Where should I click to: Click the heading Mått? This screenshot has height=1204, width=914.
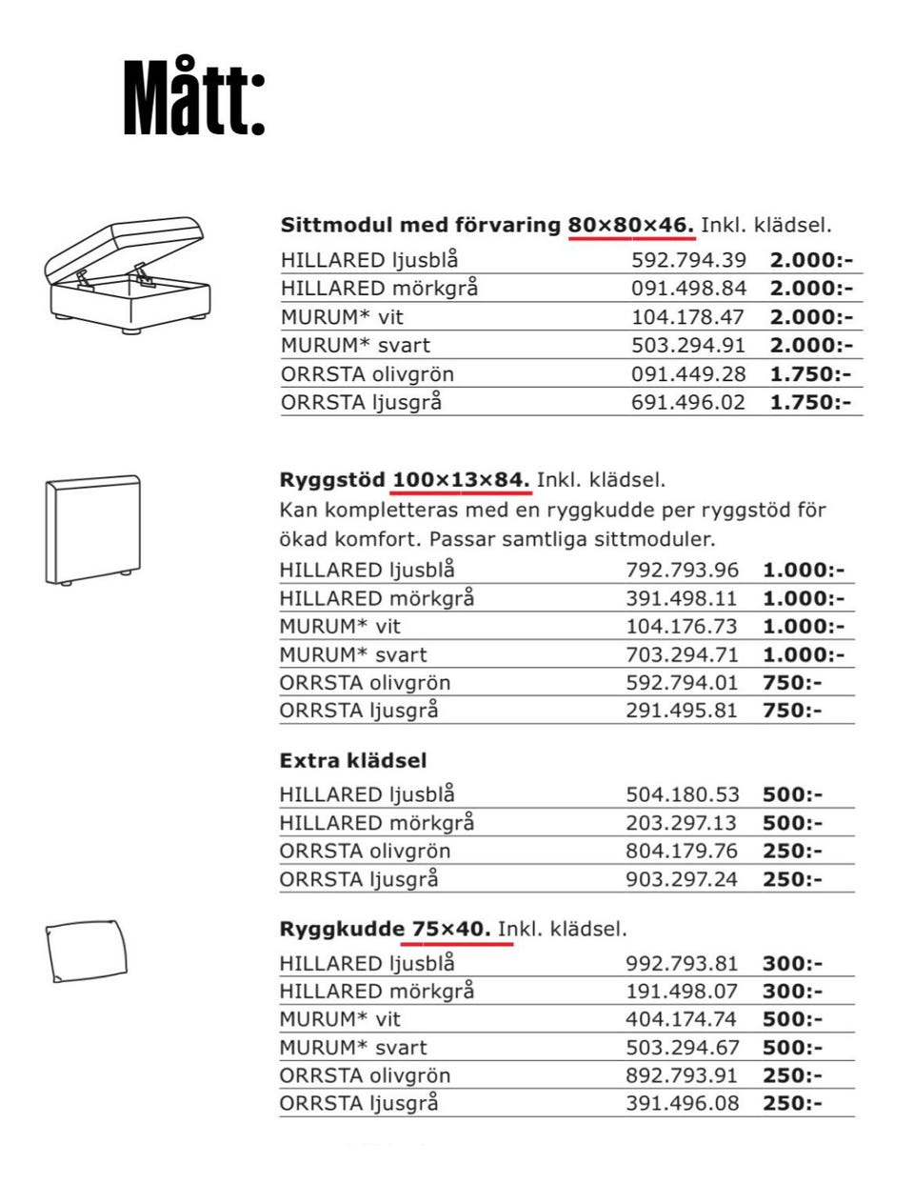tap(194, 100)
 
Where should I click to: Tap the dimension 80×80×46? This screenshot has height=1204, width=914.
tap(631, 226)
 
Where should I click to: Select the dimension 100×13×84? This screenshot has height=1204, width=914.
tap(461, 480)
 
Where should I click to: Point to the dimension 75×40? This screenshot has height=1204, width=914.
tap(451, 929)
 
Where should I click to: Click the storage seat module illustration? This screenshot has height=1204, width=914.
tap(126, 275)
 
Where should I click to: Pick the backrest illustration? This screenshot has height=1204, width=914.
tap(93, 530)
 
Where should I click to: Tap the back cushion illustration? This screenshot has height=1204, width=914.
tap(87, 952)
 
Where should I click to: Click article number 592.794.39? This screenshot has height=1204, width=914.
tap(688, 260)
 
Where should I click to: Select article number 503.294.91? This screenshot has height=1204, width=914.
tap(688, 346)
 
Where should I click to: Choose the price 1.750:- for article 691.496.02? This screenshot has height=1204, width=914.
tap(810, 402)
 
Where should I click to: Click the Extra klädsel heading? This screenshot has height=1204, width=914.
tap(352, 761)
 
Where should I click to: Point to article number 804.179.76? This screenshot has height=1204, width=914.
tap(682, 852)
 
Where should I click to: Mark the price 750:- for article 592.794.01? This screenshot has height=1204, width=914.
tap(792, 683)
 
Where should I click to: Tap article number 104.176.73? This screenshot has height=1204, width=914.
tap(682, 627)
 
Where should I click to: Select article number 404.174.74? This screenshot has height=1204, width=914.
tap(682, 1019)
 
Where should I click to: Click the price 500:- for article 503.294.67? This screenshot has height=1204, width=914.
tap(792, 1048)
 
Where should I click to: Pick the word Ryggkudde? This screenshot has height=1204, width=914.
tap(341, 929)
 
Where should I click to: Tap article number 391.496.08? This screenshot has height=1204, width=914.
tap(682, 1104)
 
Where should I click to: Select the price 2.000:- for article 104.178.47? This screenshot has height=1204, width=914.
tap(810, 317)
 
